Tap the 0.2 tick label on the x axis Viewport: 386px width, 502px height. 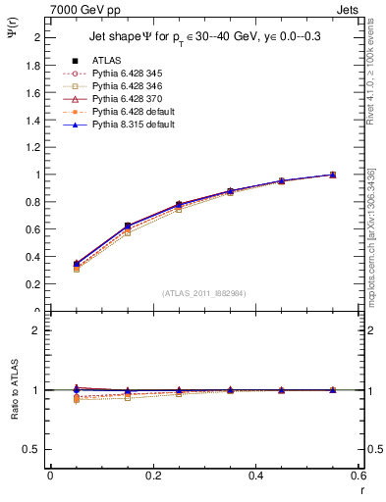point(152,475)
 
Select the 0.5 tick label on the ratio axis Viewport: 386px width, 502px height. point(33,449)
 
